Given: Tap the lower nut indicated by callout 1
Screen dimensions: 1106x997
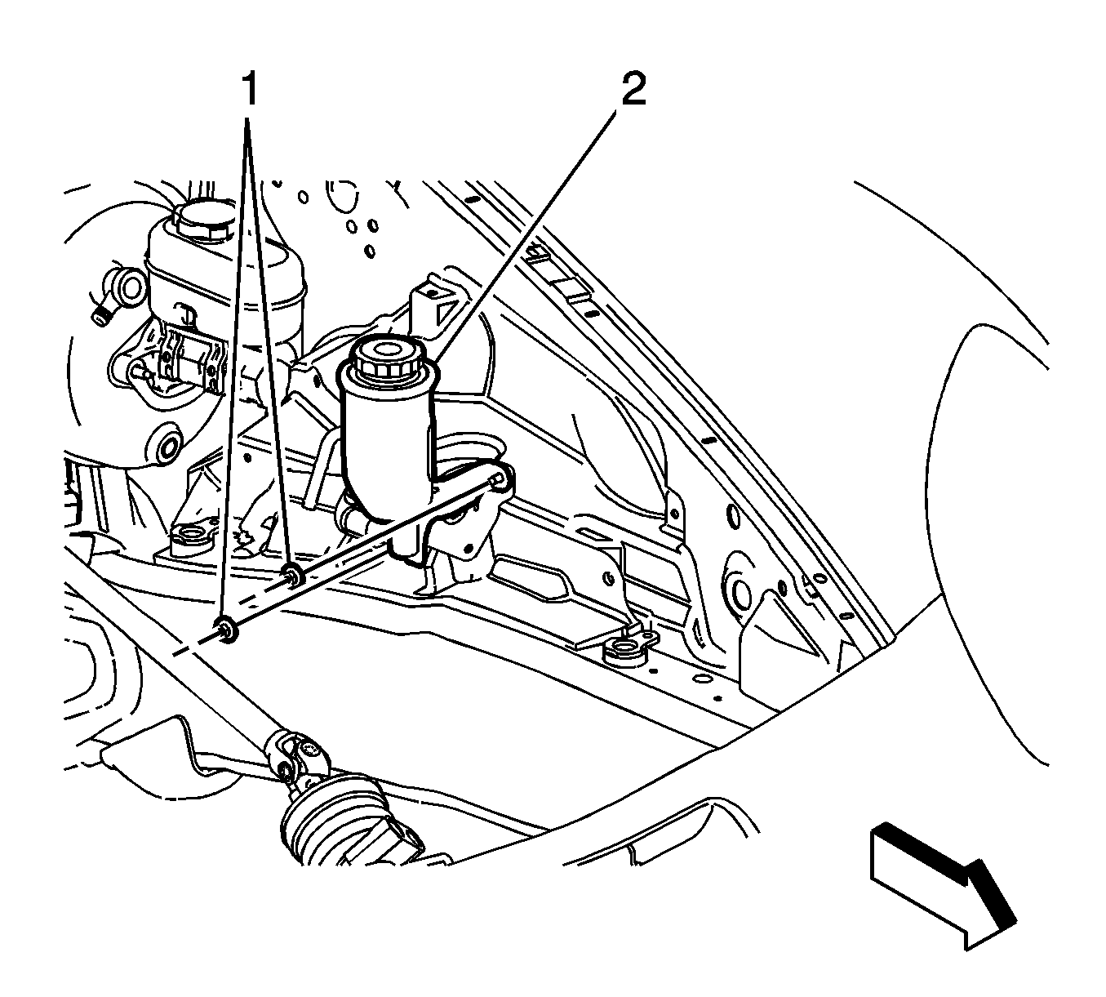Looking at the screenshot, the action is coord(227,629).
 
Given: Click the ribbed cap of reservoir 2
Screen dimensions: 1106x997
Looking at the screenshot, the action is coord(384,360).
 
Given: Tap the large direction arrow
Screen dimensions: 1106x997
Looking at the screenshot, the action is coord(942,885).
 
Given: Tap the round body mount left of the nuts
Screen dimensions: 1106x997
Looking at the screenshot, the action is coord(191,538).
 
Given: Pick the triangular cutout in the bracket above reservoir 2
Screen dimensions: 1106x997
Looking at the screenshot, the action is coord(446,313).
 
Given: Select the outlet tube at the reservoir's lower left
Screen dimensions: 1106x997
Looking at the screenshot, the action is coord(351,518).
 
